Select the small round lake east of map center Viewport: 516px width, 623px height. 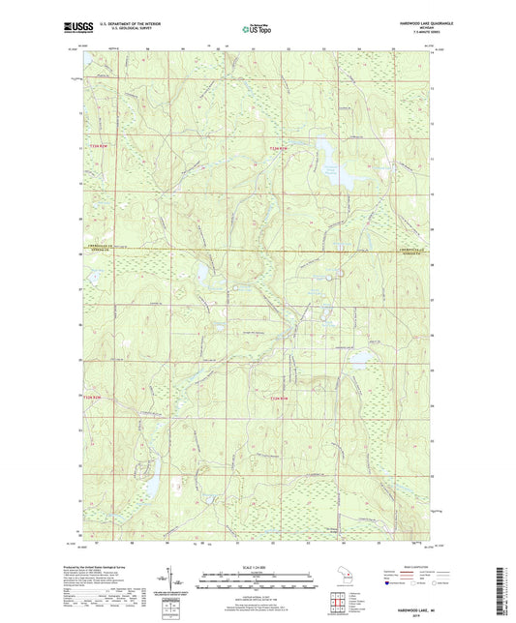(359, 359)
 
